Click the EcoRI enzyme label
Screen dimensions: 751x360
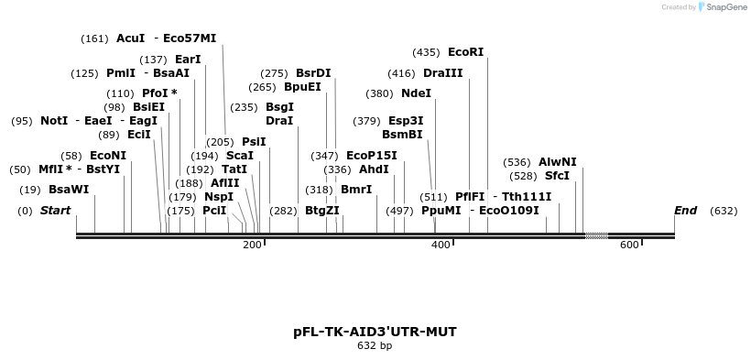click(x=465, y=52)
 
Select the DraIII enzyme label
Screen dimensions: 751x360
click(x=442, y=73)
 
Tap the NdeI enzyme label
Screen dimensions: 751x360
click(x=416, y=93)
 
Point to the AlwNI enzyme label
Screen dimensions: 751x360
click(x=557, y=162)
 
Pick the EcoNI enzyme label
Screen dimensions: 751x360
click(x=108, y=156)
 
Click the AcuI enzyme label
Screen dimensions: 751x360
click(x=130, y=38)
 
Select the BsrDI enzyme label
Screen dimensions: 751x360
click(x=313, y=73)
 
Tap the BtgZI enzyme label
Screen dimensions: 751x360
click(x=321, y=211)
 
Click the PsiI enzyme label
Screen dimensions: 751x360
click(x=254, y=142)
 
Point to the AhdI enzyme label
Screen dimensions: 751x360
click(x=374, y=169)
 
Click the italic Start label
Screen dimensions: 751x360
click(x=55, y=211)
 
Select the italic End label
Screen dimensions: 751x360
click(x=685, y=211)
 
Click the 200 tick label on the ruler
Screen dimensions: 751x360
click(x=252, y=245)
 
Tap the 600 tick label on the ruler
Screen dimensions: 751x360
click(x=629, y=245)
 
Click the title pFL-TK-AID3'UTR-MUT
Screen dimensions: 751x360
click(x=374, y=331)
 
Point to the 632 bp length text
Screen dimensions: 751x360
click(x=374, y=346)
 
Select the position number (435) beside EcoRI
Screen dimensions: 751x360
click(x=426, y=52)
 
